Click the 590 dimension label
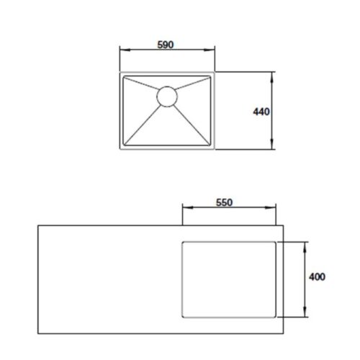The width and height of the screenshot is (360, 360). pyautogui.click(x=166, y=43)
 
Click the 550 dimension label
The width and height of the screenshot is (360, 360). pyautogui.click(x=224, y=202)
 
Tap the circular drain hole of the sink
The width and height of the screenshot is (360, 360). pyautogui.click(x=166, y=96)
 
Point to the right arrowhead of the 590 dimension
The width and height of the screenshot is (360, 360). pyautogui.click(x=212, y=50)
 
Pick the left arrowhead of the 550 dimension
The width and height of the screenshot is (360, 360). pyautogui.click(x=186, y=210)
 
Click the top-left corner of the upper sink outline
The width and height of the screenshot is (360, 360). pyautogui.click(x=120, y=71)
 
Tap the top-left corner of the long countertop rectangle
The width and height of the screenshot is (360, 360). pyautogui.click(x=37, y=225)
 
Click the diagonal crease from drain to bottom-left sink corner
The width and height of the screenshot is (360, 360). pyautogui.click(x=143, y=122)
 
